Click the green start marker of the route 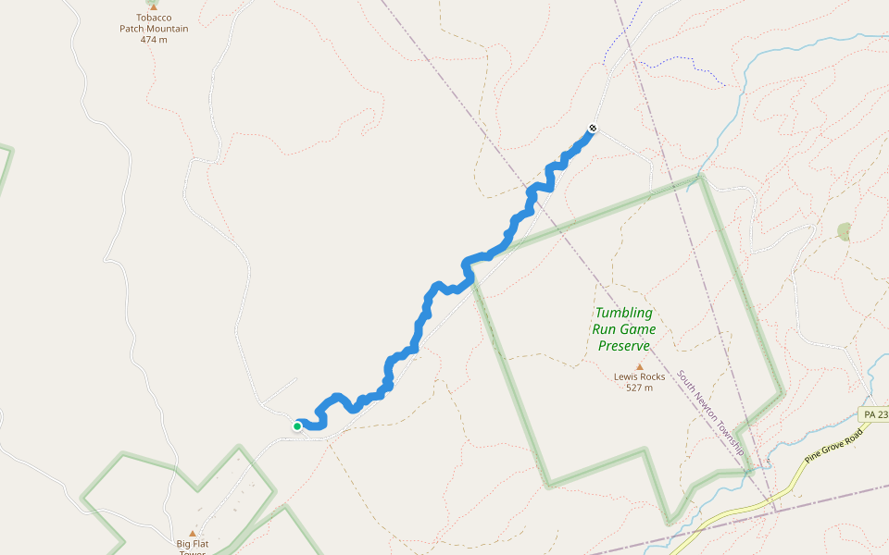point(297,426)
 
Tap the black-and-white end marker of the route point(593,129)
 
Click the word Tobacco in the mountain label point(154,18)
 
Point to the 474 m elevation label point(154,40)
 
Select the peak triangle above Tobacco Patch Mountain point(154,6)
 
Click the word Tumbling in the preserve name point(623,313)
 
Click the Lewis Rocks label point(639,376)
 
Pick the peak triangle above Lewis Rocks point(639,366)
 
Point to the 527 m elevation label point(639,388)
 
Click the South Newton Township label point(711,413)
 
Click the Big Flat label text point(193,544)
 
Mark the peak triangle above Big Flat point(193,533)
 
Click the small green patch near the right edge point(844,231)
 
